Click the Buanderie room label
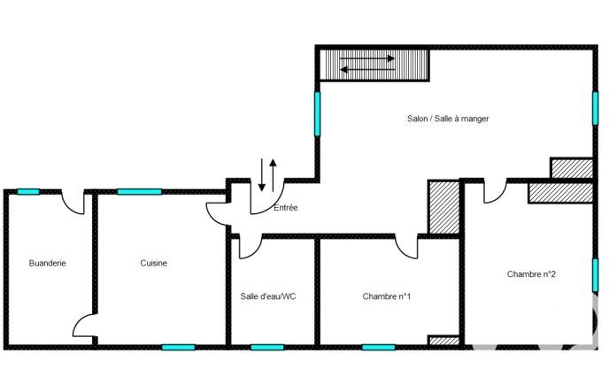point(48,263)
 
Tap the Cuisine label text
point(154,263)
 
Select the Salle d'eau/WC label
point(268,296)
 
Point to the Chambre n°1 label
point(387,296)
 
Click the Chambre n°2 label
point(531,274)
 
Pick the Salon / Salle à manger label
point(448,119)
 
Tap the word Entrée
point(286,208)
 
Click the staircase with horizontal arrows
point(374,64)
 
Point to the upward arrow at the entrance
point(274,173)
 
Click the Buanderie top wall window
point(28,191)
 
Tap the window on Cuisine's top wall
point(139,191)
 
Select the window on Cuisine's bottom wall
point(178,346)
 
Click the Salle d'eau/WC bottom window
point(266,346)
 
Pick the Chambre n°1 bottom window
point(378,346)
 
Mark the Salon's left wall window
point(317,113)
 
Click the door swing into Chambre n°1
point(408,247)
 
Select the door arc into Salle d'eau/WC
point(249,246)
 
